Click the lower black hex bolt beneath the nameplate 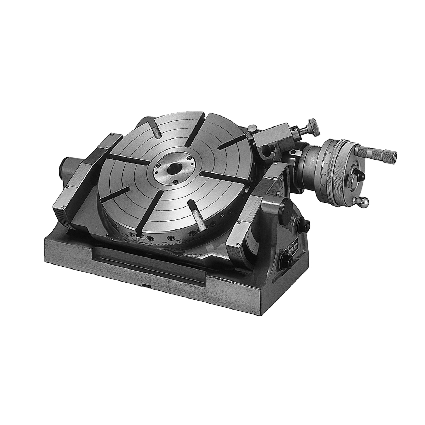290,262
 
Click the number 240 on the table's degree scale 179,241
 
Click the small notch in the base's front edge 146,285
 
